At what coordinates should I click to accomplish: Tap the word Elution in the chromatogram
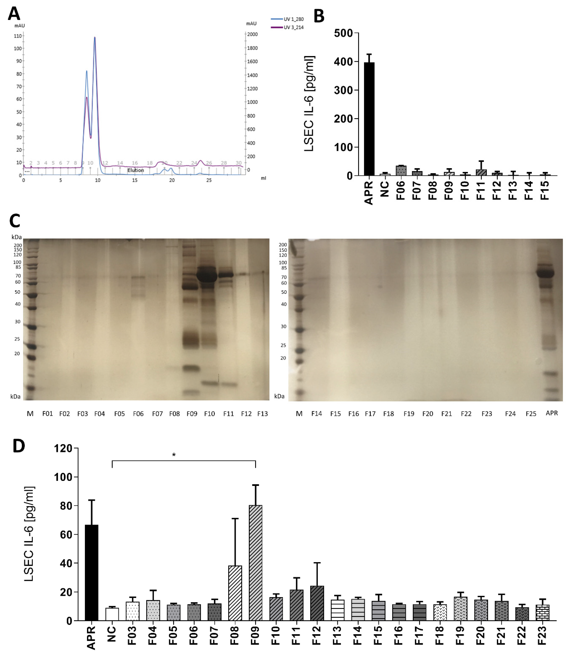point(136,170)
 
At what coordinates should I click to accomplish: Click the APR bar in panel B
point(369,119)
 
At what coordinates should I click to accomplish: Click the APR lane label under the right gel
point(552,413)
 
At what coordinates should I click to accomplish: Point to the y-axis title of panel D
point(29,534)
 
